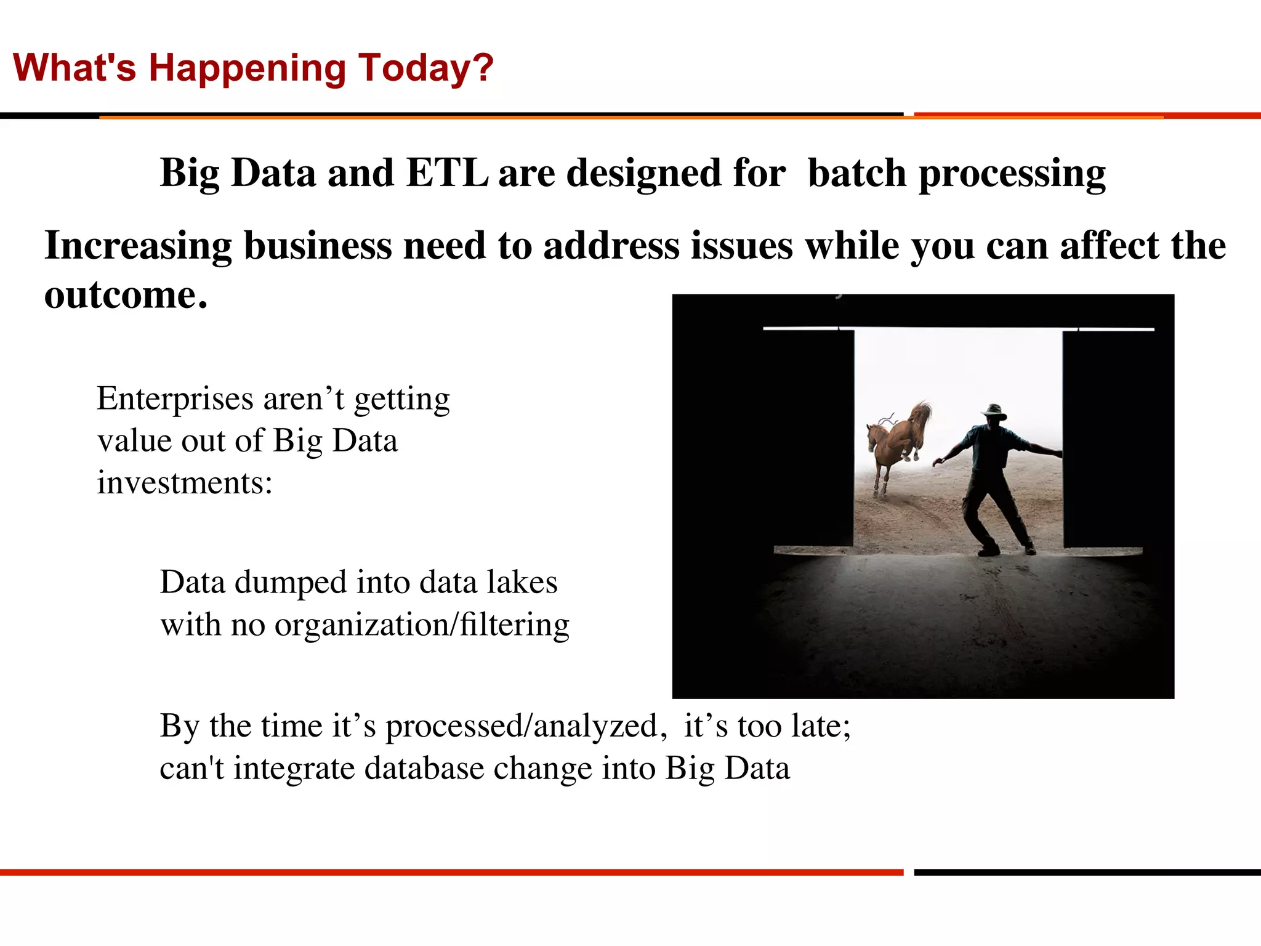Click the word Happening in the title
tap(246, 68)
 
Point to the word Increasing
tap(138, 246)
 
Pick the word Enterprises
tap(175, 399)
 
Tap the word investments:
tap(184, 482)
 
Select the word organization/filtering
tap(422, 625)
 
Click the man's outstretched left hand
tap(938, 461)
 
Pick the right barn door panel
tap(1102, 437)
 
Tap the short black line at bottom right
tap(1087, 872)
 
